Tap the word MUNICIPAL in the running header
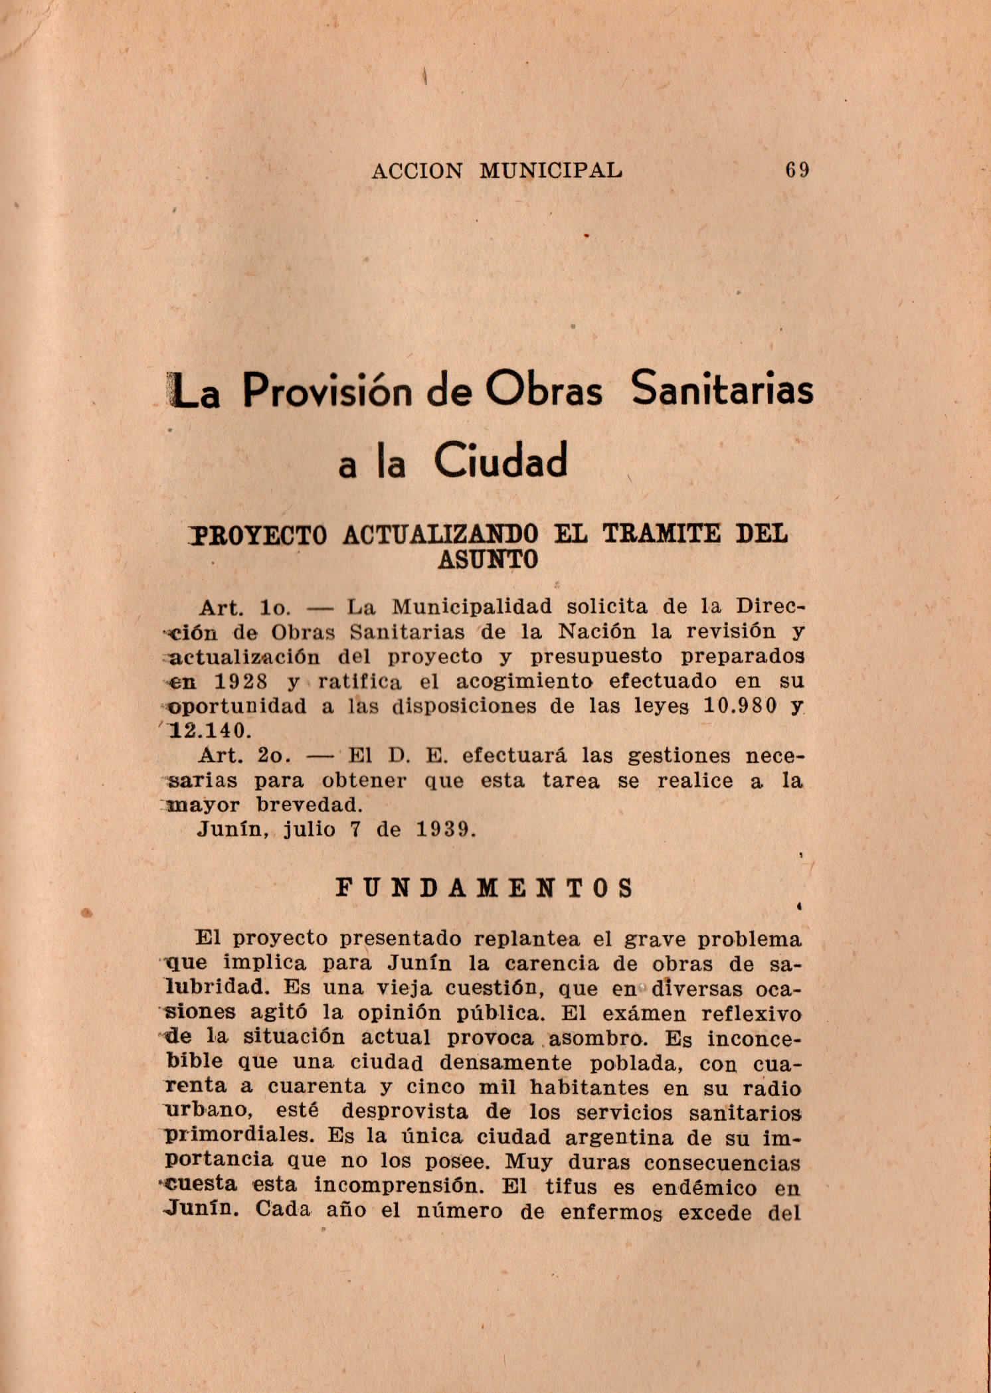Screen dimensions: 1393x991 coord(551,171)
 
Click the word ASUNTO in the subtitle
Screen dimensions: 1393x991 coord(488,559)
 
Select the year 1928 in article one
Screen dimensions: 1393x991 coord(241,681)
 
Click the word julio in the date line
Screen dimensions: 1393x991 coord(310,830)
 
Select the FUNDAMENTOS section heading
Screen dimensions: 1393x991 coord(486,888)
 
